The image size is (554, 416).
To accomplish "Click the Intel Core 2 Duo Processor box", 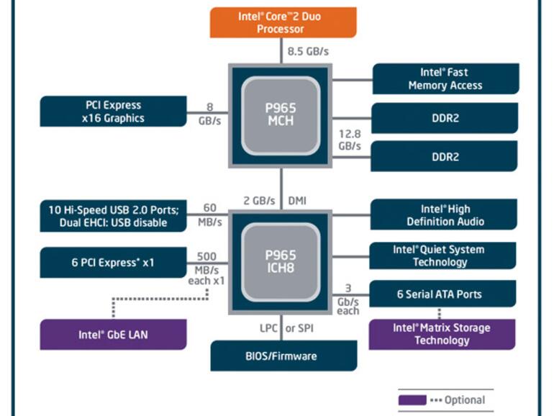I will click(x=283, y=23).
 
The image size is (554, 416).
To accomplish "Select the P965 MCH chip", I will click(x=281, y=114).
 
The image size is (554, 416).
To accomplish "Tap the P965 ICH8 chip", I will click(x=281, y=261).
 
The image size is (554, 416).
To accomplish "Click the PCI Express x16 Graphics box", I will click(x=112, y=112).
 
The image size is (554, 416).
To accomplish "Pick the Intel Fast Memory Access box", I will click(x=445, y=78).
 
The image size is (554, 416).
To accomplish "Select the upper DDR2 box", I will click(x=445, y=118).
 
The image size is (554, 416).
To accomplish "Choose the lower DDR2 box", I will click(x=445, y=156).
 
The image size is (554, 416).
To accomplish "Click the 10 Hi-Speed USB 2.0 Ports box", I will click(x=112, y=216).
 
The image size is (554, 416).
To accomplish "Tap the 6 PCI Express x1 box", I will click(x=112, y=263).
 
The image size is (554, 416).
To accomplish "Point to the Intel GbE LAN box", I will click(x=112, y=335).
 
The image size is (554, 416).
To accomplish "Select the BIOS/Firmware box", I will click(x=283, y=356).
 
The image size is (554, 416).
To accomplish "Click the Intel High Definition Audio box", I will click(x=445, y=215).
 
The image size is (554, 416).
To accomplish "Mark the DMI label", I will click(x=296, y=201).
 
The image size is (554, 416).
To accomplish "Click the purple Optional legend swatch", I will click(x=412, y=399).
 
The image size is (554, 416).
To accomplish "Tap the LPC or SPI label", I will click(x=288, y=328).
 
